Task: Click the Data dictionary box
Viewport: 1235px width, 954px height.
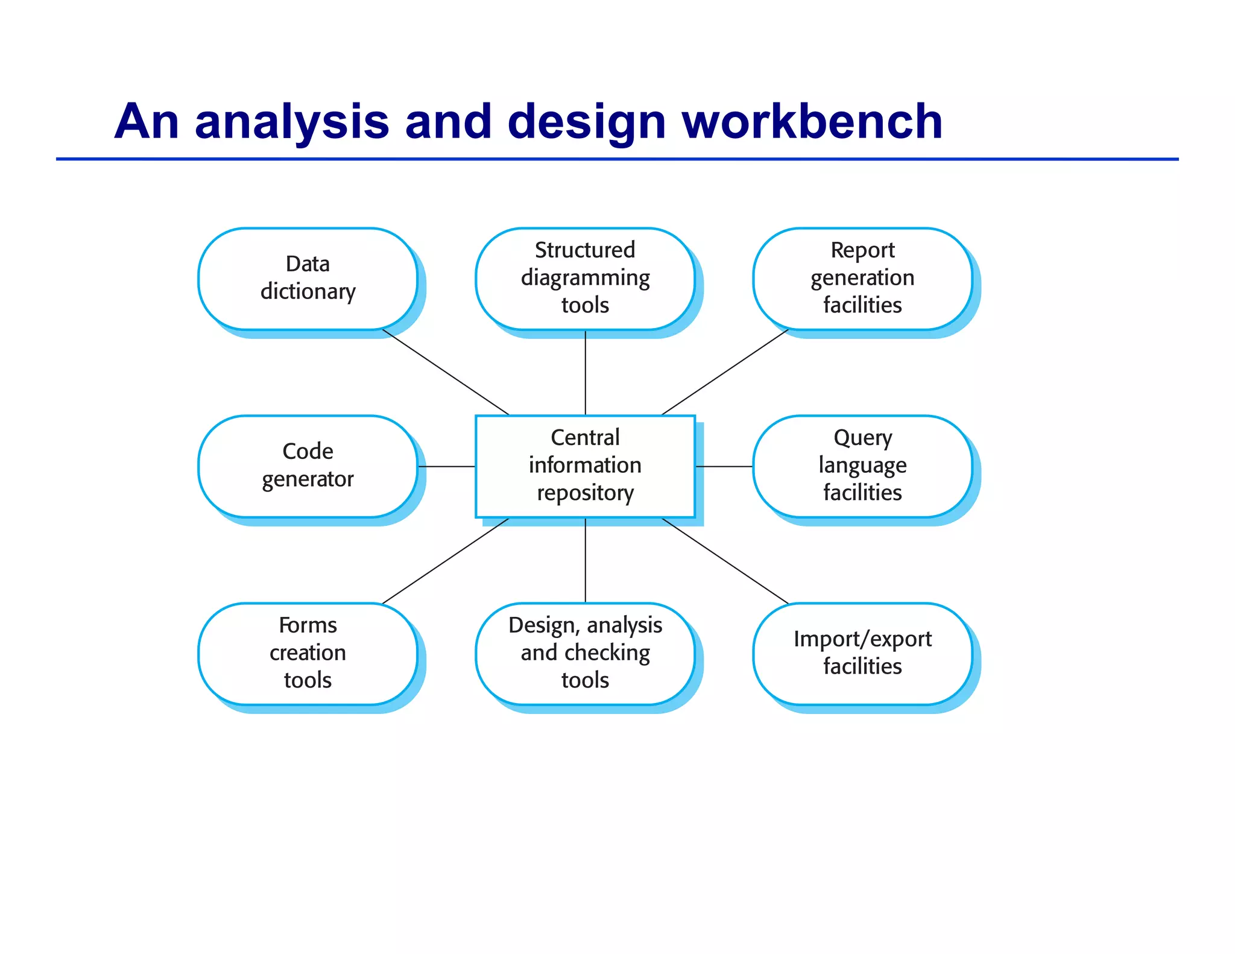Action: point(308,278)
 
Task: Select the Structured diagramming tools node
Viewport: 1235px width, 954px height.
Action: point(585,278)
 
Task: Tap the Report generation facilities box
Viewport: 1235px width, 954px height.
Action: point(862,278)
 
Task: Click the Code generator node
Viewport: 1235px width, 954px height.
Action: point(308,466)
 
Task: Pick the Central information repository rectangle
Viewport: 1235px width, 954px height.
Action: point(585,466)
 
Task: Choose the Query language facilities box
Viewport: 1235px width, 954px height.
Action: point(862,466)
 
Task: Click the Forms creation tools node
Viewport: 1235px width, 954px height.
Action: point(308,653)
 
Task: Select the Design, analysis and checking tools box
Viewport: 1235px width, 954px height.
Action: point(585,653)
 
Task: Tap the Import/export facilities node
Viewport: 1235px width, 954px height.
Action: point(862,653)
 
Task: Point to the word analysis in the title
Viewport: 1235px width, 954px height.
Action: point(292,122)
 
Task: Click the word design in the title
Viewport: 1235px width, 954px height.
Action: point(587,122)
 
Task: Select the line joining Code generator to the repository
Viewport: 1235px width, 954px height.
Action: point(446,466)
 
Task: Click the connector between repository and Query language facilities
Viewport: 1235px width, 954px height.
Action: point(724,466)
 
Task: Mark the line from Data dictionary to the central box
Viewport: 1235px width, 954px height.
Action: point(446,372)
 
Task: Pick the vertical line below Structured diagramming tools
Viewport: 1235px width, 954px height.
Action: point(586,373)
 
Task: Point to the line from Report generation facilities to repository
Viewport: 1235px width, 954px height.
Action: point(725,372)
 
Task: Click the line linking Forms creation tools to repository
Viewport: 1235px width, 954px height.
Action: point(446,560)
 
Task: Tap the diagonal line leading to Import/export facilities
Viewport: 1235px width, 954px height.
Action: point(725,560)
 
